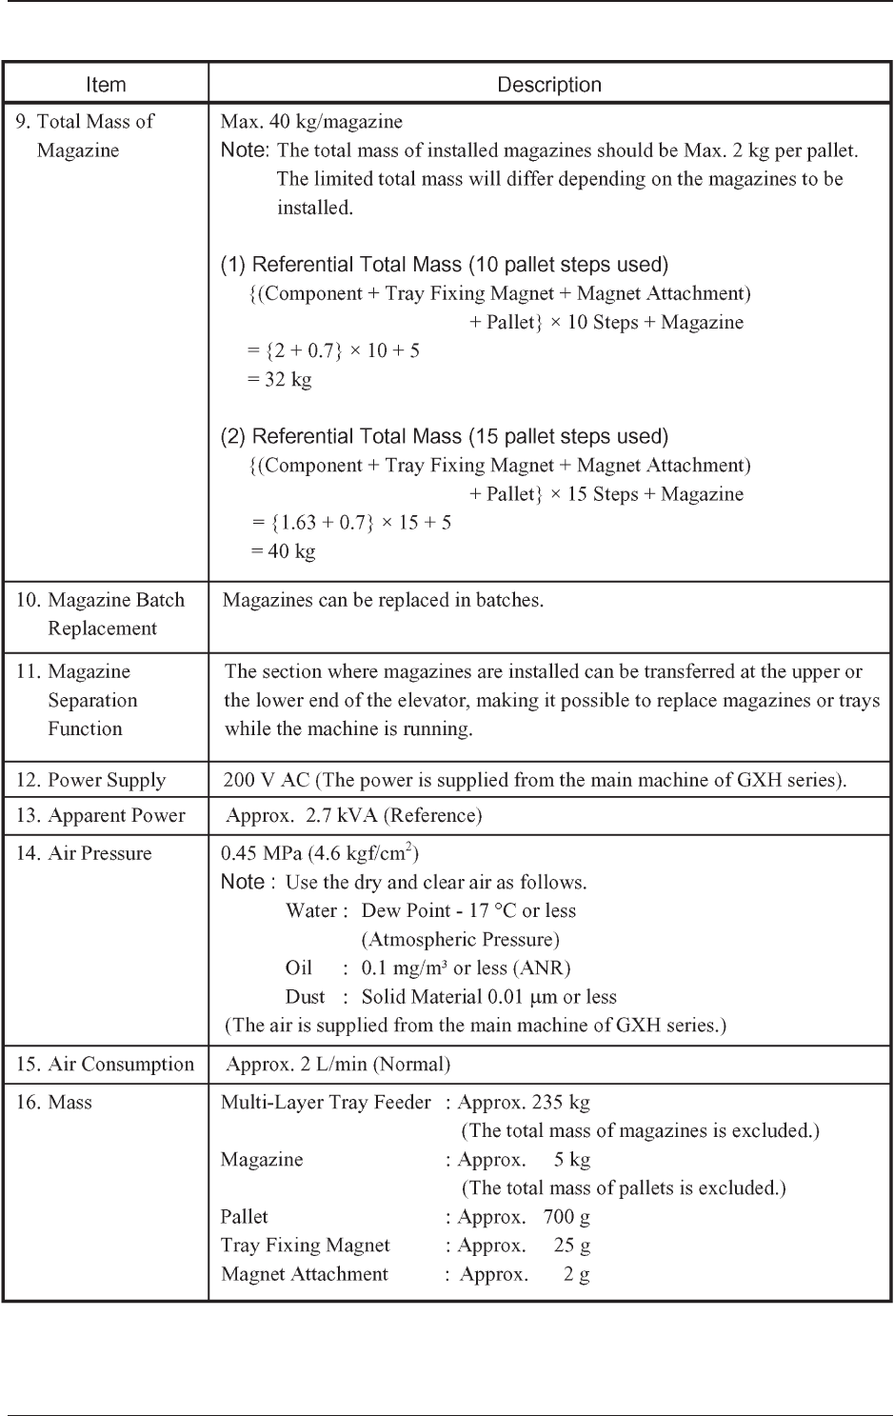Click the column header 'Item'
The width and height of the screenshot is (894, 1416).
coord(106,85)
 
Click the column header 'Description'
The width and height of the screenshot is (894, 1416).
coord(549,85)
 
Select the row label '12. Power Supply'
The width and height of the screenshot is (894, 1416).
coord(90,780)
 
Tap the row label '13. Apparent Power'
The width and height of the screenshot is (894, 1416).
coord(101,815)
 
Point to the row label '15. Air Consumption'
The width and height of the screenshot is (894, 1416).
coord(105,1064)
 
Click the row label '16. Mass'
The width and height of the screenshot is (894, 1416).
coord(54,1102)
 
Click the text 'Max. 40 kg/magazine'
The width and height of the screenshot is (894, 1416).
coord(311,121)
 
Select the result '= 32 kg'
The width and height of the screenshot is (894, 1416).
coord(279,379)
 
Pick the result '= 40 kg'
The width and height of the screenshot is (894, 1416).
coord(283,550)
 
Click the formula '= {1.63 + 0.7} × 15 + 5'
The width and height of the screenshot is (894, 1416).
coord(351,522)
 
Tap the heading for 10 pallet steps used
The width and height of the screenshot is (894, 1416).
coord(445,264)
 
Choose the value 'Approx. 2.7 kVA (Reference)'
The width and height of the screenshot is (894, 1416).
coord(353,815)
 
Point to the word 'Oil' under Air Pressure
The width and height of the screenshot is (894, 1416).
coord(299,967)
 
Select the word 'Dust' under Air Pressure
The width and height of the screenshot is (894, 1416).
coord(305,996)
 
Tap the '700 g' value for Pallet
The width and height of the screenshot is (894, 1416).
coord(566,1216)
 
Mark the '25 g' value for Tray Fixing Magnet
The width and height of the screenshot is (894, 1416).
coord(572,1245)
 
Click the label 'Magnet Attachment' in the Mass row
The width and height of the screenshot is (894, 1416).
coord(305,1273)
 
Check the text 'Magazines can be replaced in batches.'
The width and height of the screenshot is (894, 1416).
coord(383,600)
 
